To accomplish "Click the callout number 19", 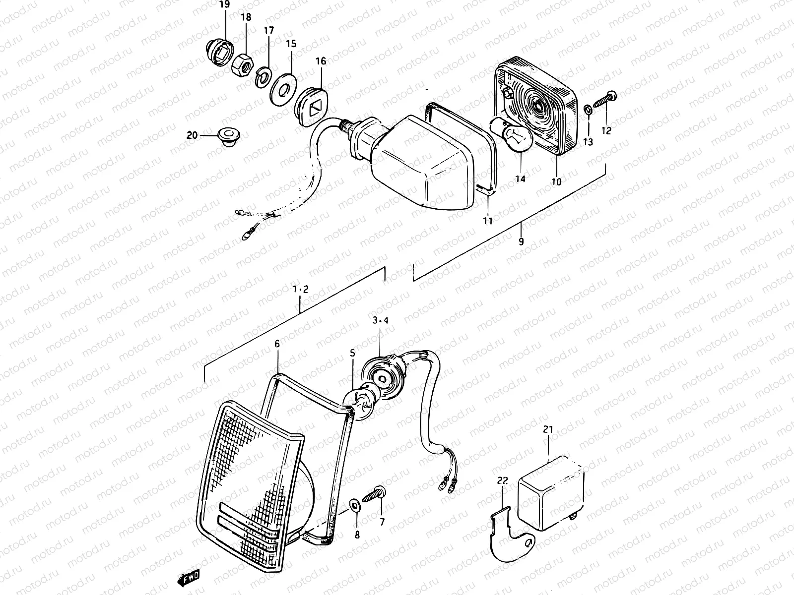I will coord(224,5).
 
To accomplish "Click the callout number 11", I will coord(488,221).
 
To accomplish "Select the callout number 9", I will coord(521,242).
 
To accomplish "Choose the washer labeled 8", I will coord(355,505).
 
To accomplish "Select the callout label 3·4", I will coord(381,321).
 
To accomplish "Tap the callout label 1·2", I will coord(301,290).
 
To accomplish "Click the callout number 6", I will coord(277,344).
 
